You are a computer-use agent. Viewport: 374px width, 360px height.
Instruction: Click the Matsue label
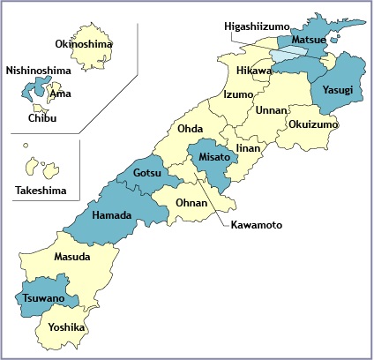[311, 40]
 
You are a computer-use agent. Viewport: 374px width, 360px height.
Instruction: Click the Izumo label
[238, 94]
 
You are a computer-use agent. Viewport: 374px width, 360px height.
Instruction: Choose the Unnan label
[271, 110]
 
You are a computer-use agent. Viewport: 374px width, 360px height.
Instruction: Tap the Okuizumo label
[312, 125]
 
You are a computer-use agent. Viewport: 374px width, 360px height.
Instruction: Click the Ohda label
[191, 130]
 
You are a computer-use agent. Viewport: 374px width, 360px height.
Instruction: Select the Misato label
[215, 156]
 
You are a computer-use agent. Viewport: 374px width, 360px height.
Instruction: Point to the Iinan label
[248, 149]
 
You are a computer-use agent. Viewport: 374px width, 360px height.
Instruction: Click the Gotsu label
[147, 174]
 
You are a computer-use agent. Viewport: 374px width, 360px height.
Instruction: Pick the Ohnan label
[191, 204]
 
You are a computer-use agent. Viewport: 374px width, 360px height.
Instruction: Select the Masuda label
[71, 257]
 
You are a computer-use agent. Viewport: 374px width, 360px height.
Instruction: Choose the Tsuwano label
[42, 299]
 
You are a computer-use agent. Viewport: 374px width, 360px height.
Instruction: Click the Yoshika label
[66, 327]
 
